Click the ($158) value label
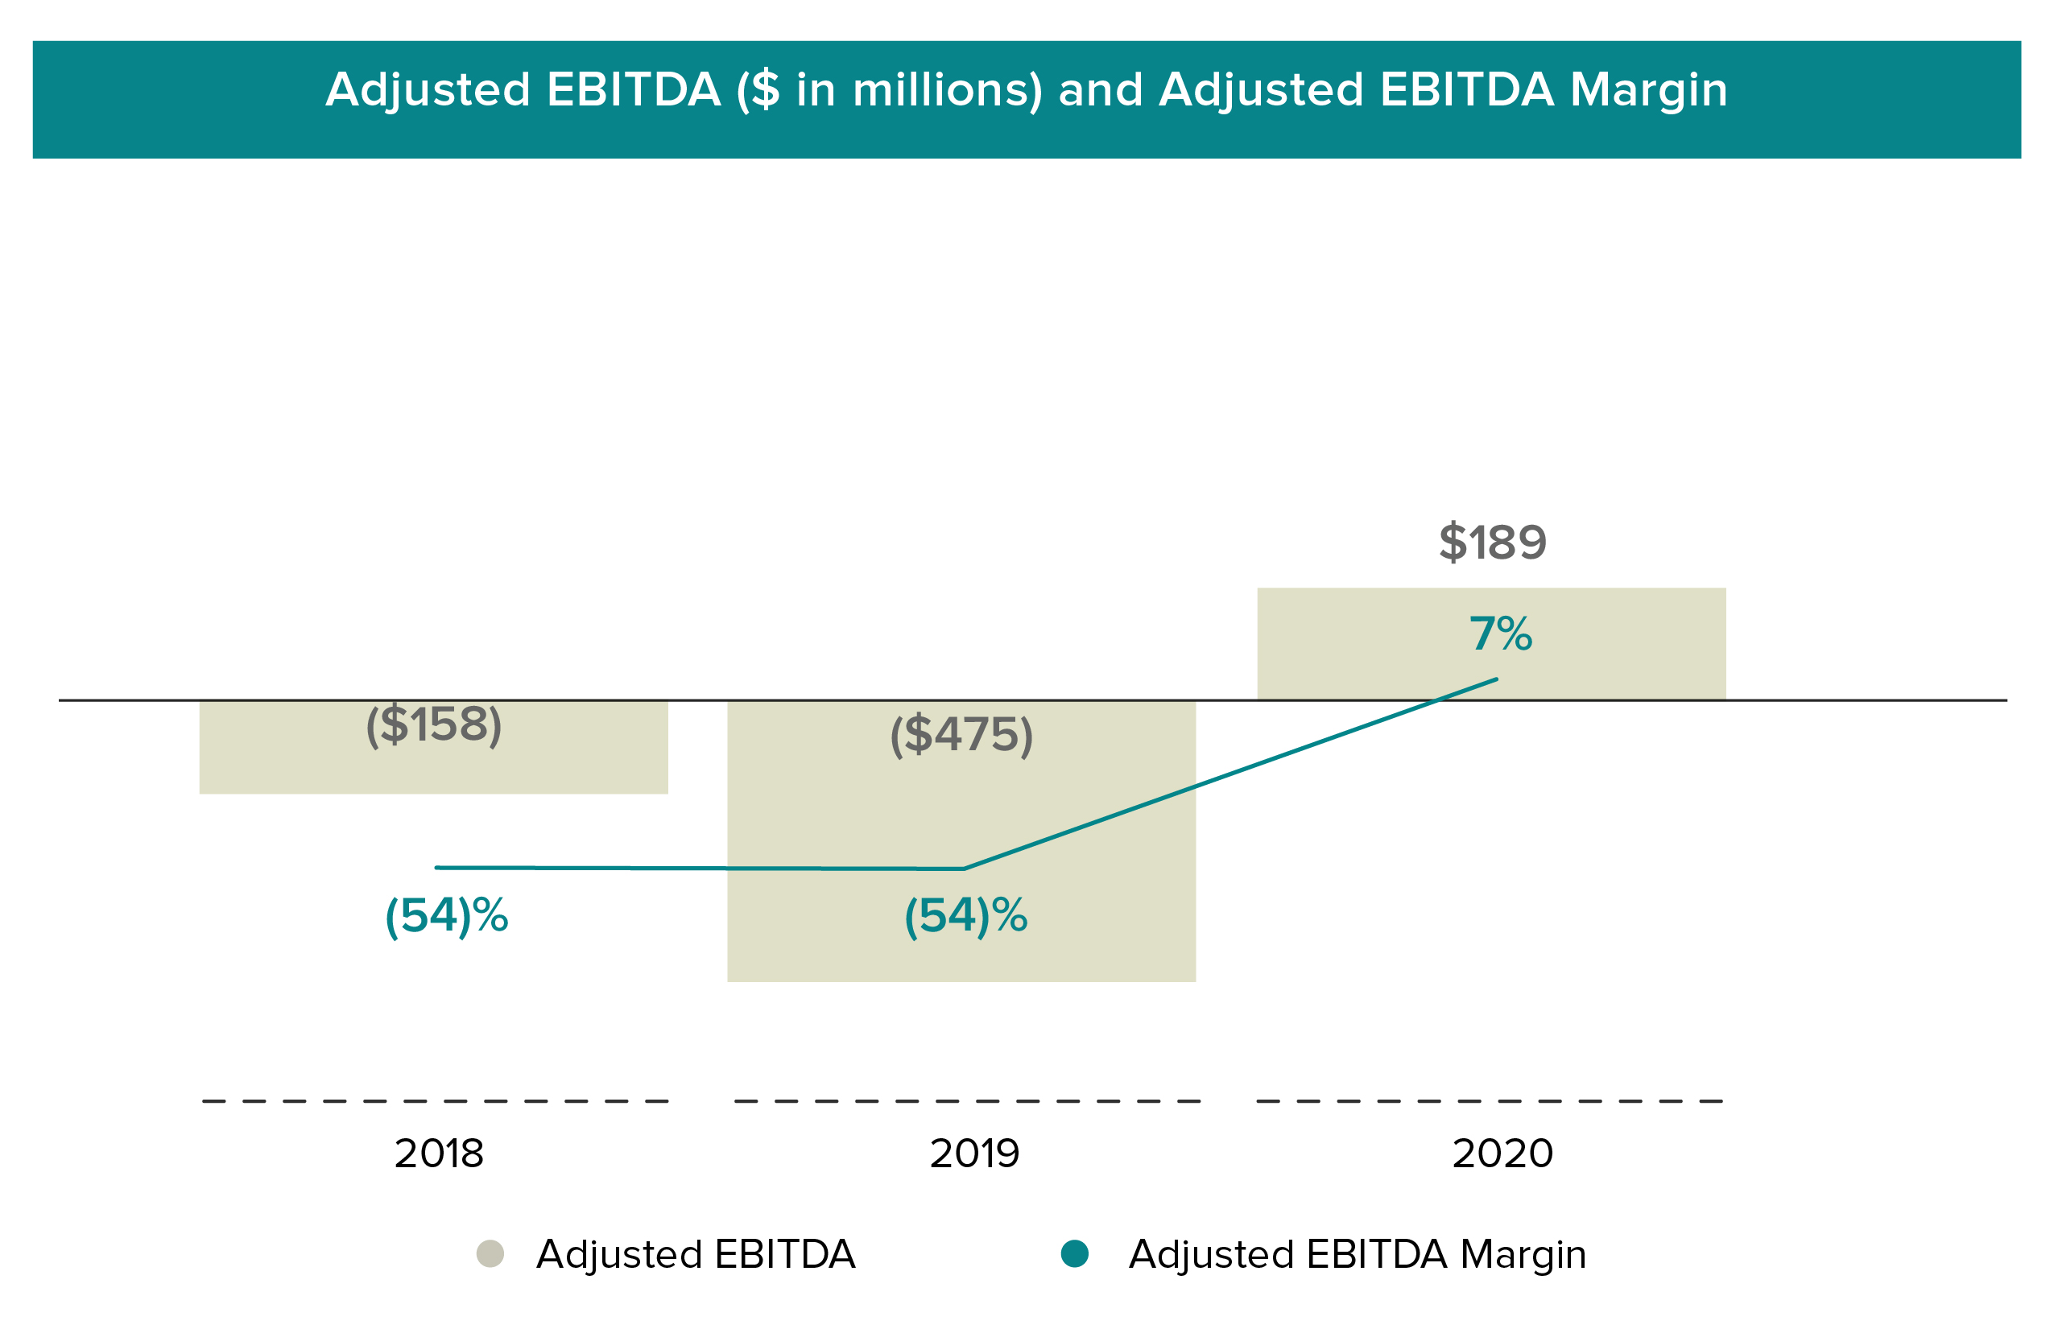tap(434, 725)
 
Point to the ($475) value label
tap(961, 735)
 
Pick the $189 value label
tap(1492, 543)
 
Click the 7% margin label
tap(1501, 634)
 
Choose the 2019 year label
tap(974, 1154)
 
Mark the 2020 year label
tap(1502, 1154)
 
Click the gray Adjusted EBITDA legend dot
tap(490, 1254)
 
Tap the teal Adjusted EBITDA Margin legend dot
tap(1074, 1254)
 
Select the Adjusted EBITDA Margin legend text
tap(1357, 1255)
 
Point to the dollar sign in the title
tap(765, 89)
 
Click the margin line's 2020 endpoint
tap(1497, 679)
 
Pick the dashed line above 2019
tap(966, 1101)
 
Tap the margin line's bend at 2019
tap(964, 869)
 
